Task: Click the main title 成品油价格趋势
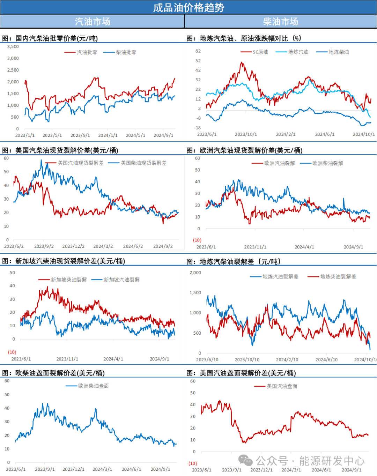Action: pos(188,7)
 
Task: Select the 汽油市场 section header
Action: pos(93,22)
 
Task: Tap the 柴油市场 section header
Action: pos(281,22)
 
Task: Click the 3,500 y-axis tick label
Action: pos(13,46)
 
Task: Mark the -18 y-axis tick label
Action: pos(198,128)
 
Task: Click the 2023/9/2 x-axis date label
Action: pos(44,246)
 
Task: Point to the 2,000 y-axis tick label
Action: pos(195,273)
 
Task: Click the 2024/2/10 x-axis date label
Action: pos(287,359)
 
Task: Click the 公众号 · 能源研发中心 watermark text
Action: pos(310,461)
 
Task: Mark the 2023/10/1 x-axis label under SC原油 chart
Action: pos(246,134)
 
